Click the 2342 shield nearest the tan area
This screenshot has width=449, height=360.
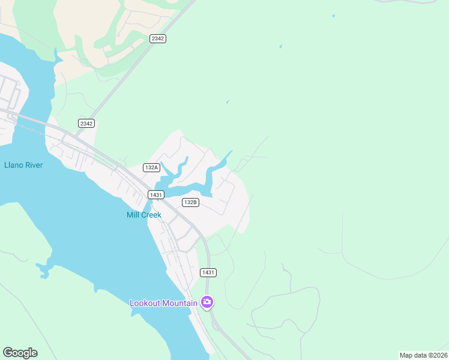pos(158,38)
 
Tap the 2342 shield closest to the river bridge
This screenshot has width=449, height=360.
pos(86,123)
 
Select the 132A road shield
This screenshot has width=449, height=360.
pos(151,167)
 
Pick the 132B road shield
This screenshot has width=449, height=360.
pos(190,202)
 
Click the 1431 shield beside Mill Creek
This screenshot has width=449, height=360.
pos(155,194)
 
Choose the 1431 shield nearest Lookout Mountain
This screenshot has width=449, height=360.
pos(208,272)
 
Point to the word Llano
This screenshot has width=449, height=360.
pos(14,165)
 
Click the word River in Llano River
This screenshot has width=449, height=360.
pos(34,165)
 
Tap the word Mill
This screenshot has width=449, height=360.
pos(133,215)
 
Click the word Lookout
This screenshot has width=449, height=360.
pos(146,303)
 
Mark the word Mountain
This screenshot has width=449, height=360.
pos(181,303)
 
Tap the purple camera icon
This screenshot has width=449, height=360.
pos(207,302)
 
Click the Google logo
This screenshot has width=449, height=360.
pos(20,353)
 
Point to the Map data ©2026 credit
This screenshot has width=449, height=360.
pos(423,355)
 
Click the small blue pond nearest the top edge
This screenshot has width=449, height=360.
pos(333,16)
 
